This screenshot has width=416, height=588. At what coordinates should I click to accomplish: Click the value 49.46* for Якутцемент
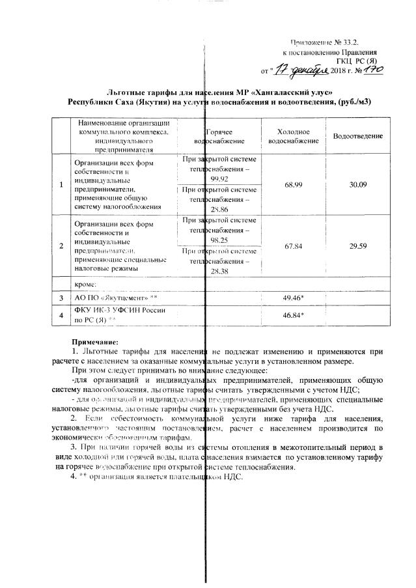(x=295, y=298)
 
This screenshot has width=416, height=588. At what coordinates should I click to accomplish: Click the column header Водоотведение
(x=357, y=135)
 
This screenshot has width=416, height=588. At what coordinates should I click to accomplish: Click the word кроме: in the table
(x=85, y=283)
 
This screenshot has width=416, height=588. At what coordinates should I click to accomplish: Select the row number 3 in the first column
(x=61, y=298)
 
